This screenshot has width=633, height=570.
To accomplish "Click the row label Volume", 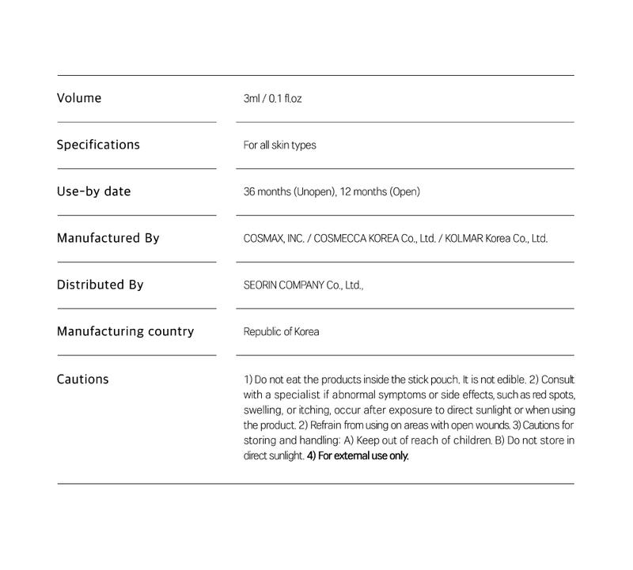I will pyautogui.click(x=79, y=99).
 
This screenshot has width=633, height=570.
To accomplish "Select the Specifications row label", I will pyautogui.click(x=98, y=145).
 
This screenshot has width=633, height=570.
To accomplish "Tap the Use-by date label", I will pyautogui.click(x=93, y=192).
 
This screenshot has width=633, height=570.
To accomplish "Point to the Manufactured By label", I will pyautogui.click(x=108, y=238).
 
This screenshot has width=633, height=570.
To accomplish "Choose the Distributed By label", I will pyautogui.click(x=100, y=285).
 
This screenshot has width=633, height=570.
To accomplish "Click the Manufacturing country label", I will pyautogui.click(x=125, y=331).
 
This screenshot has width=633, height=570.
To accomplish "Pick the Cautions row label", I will pyautogui.click(x=83, y=379).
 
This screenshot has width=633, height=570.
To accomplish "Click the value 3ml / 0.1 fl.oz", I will pyautogui.click(x=273, y=99).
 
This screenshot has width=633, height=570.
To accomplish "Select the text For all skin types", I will pyautogui.click(x=280, y=145).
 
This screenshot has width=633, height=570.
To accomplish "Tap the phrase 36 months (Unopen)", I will pyautogui.click(x=289, y=192).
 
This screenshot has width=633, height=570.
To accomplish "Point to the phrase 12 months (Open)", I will pyautogui.click(x=381, y=192).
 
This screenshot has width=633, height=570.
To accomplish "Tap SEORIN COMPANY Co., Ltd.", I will pyautogui.click(x=302, y=285).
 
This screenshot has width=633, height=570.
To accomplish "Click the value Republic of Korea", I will pyautogui.click(x=281, y=331).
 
